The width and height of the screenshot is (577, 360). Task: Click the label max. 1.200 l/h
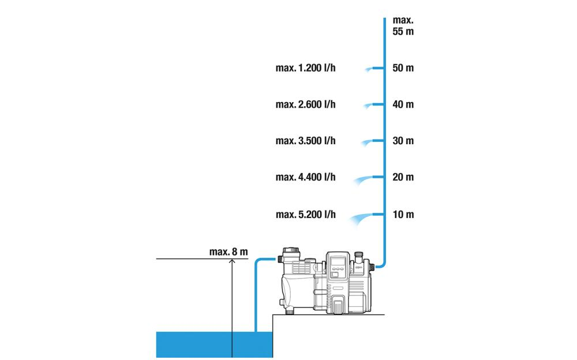(305, 69)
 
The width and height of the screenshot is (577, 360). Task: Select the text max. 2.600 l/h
(305, 105)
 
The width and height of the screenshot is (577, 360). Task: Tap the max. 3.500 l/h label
(305, 141)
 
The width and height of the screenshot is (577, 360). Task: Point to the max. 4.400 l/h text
(305, 177)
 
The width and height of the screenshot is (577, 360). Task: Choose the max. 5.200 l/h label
(305, 215)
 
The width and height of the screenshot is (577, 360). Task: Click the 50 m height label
(403, 69)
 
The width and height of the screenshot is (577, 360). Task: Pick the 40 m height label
(403, 105)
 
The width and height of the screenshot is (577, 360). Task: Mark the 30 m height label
(403, 141)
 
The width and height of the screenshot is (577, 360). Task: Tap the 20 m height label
(403, 177)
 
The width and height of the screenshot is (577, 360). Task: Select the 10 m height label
(403, 215)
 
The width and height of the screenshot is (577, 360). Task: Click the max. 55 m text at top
(403, 27)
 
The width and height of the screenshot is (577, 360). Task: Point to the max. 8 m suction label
(228, 252)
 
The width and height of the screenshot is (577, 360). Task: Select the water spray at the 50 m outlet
(368, 70)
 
